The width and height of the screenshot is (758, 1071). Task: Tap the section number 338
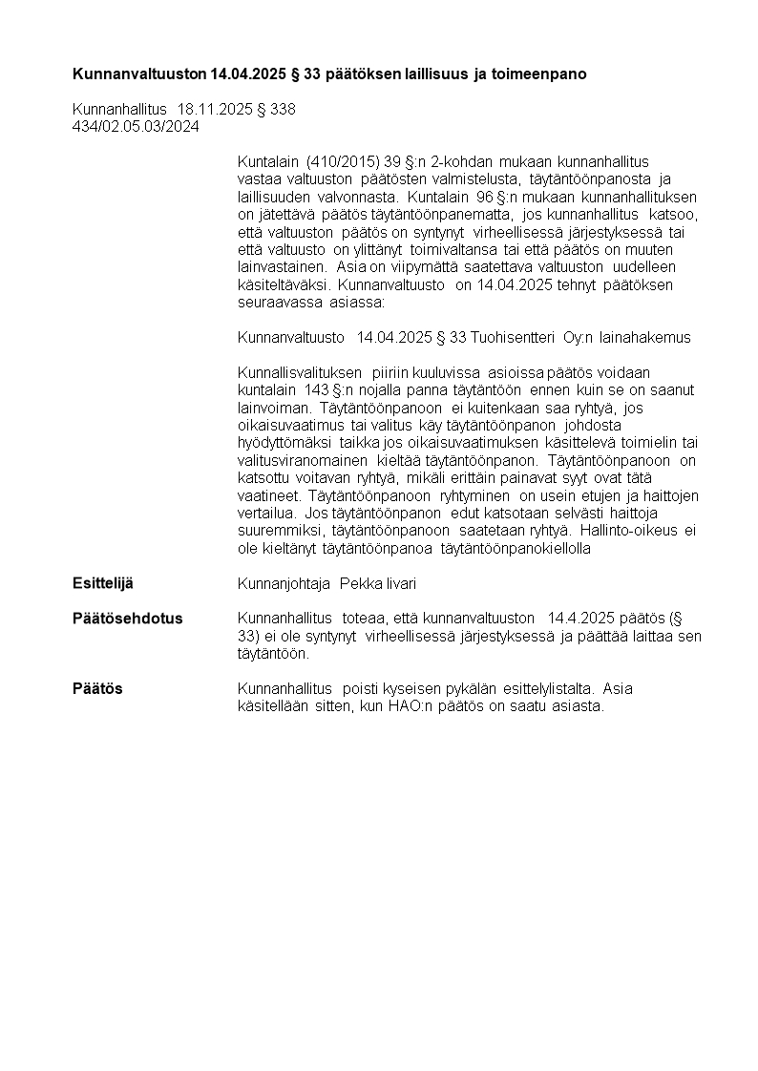(x=284, y=110)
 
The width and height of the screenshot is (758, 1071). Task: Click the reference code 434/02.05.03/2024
(x=136, y=126)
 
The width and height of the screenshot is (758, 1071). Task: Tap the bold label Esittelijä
(x=103, y=583)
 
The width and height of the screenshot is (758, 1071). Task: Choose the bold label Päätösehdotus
(x=128, y=619)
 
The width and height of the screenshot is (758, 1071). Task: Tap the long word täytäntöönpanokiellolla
(x=516, y=548)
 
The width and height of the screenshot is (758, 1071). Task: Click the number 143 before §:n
(x=317, y=390)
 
